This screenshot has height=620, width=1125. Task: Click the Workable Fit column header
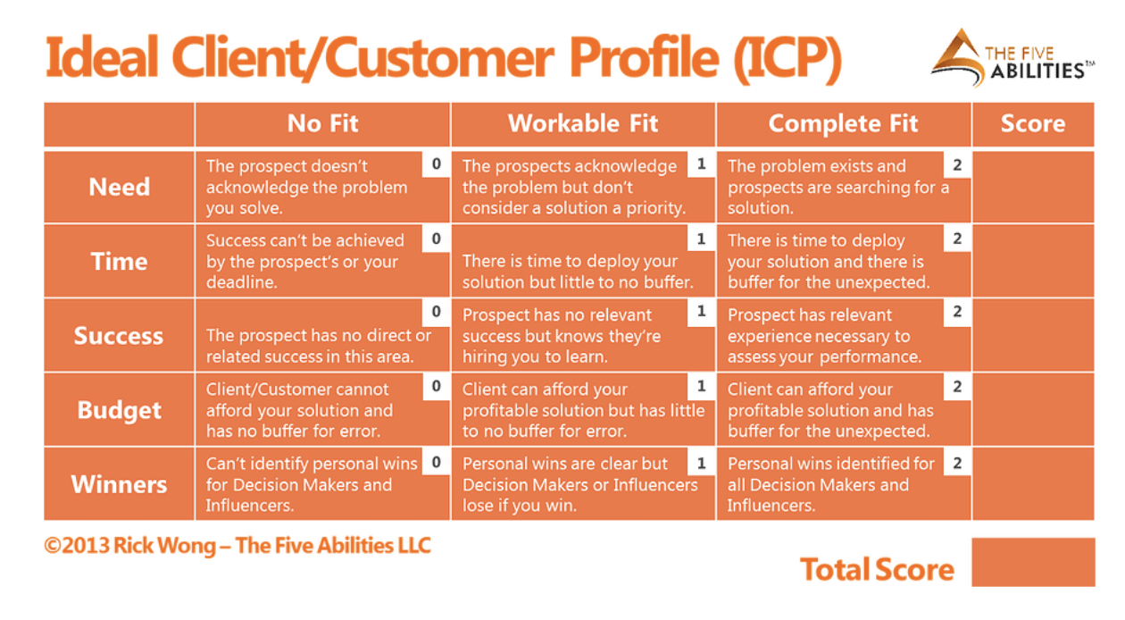coord(582,123)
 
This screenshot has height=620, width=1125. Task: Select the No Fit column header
coord(322,123)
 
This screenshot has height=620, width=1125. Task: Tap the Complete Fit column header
coord(843,123)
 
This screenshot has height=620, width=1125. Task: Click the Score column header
coord(1032,123)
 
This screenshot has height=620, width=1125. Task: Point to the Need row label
coord(119,187)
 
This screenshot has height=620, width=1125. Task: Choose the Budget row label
coord(119,410)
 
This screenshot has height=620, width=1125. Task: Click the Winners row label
coord(119,484)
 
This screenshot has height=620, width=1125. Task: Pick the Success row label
coord(119,336)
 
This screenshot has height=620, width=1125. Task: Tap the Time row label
coord(119,262)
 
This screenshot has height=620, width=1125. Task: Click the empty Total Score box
coord(1032,562)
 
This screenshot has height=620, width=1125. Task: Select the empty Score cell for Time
coord(1032,261)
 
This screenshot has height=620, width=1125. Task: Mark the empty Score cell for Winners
coord(1032,484)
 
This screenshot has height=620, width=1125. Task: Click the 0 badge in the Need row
coord(436,164)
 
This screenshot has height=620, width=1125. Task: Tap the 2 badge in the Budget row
coord(957,387)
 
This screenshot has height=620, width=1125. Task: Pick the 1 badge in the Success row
coord(701,312)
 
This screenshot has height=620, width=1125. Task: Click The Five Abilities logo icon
coord(958,56)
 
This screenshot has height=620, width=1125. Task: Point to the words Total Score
coord(877,569)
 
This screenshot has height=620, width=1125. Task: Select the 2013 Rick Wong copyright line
coord(237,545)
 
